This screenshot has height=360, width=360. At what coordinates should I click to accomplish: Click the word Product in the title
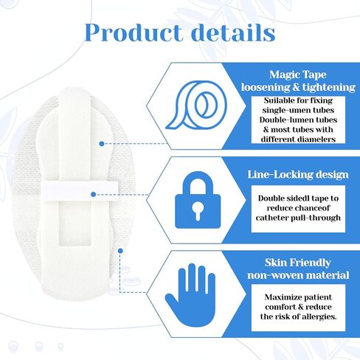[x=134, y=32]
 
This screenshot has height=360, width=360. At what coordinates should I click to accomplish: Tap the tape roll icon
[x=195, y=105]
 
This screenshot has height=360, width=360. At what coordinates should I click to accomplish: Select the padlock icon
[x=198, y=200]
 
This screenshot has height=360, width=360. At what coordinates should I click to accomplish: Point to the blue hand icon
[x=190, y=295]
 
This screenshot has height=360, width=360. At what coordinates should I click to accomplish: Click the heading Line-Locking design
[x=298, y=175]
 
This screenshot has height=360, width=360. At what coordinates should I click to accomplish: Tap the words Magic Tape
[x=298, y=75]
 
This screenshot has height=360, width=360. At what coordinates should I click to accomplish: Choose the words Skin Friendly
[x=298, y=263]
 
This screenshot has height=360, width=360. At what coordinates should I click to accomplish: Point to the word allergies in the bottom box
[x=319, y=316]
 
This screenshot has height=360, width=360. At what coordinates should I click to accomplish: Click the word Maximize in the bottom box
[x=281, y=297]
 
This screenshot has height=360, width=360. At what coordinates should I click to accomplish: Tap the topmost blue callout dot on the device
[x=102, y=144]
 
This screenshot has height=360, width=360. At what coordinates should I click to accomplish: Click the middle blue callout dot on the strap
[x=93, y=195]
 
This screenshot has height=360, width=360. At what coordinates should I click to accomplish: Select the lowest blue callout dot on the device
[x=120, y=251]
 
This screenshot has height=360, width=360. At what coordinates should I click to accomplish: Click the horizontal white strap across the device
[x=79, y=191]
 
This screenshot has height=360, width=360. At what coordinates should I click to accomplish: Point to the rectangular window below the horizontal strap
[x=75, y=223]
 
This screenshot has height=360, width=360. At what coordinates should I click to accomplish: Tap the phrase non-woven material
[x=298, y=275]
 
